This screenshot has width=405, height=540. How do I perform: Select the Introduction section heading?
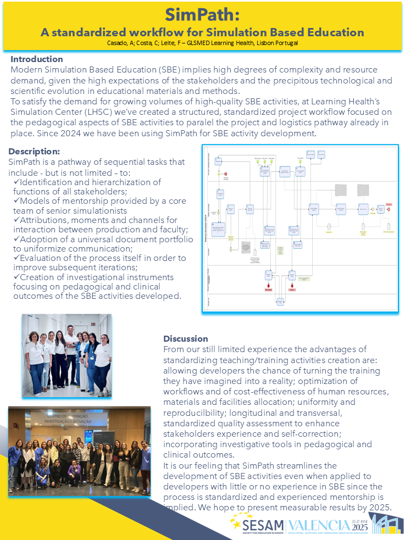pos(37,59)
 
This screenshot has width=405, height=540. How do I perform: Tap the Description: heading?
pos(34,151)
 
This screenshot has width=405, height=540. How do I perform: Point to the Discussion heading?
pos(186,338)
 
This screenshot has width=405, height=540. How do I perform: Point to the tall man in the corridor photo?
pos(70,354)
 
